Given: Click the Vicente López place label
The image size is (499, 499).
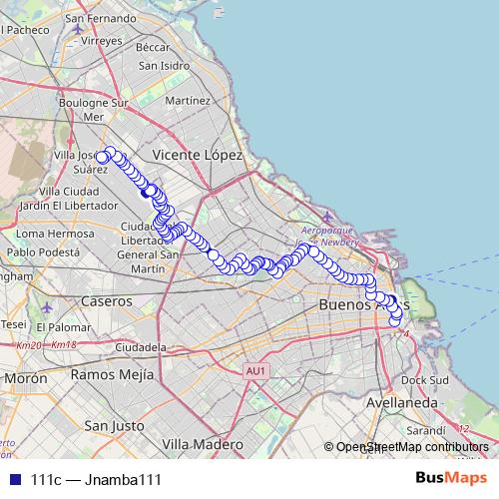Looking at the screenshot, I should tap(199, 156).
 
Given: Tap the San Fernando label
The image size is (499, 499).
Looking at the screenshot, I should tap(103, 18).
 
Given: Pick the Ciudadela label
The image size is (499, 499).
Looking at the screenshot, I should tap(139, 346).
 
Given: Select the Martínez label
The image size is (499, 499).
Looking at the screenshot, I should tap(189, 101).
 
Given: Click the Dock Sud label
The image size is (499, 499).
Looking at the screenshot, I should tap(426, 379).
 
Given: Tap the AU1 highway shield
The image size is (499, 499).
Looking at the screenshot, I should tap(255, 371).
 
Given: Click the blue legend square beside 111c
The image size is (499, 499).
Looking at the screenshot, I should tap(12, 480).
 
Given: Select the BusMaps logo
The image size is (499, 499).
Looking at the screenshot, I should tap(451, 479).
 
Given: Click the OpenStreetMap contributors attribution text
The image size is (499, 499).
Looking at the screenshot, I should tap(411, 447).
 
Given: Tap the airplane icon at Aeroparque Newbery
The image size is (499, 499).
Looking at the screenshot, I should tap(329, 218).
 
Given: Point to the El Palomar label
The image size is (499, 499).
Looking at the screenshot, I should tap(67, 326).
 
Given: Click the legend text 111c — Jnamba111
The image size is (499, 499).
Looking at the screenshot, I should tap(96, 480).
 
